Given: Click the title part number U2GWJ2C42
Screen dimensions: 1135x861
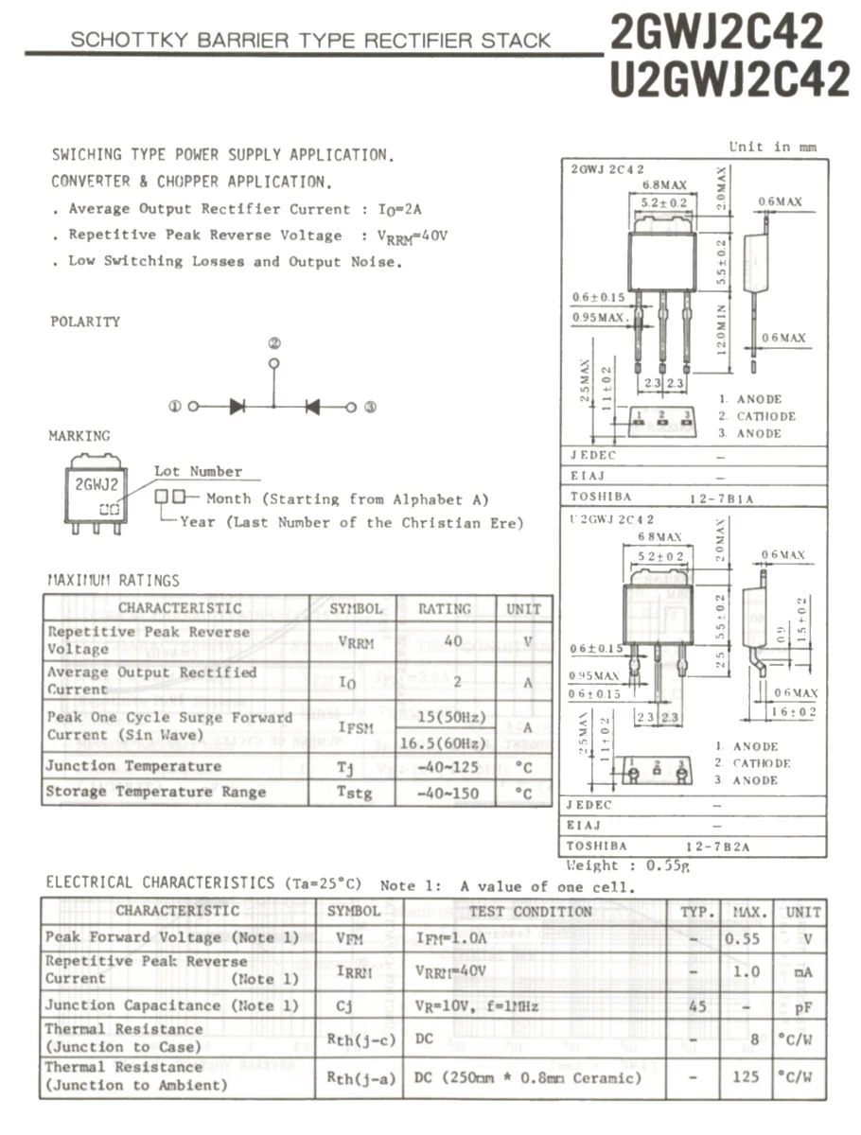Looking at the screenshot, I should tap(729, 79).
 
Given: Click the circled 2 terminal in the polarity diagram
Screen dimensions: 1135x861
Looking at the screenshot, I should tap(274, 343).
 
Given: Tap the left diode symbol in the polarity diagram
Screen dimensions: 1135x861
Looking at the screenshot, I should tap(237, 407).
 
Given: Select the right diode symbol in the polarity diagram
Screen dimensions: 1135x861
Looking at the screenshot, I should tap(312, 407).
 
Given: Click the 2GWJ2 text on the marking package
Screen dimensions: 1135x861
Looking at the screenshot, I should tap(97, 485).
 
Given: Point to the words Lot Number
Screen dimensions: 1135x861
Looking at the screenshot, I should tap(198, 471).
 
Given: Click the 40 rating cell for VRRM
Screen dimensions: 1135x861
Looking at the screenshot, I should tap(453, 640).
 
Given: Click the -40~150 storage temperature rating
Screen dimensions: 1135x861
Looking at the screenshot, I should tap(448, 793).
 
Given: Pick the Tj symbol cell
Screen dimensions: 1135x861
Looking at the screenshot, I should tap(345, 767).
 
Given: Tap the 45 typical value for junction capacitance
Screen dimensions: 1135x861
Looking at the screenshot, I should tap(698, 1006).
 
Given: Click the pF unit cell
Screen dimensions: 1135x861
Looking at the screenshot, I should tap(802, 1008).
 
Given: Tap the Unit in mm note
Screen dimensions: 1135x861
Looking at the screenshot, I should tap(772, 147).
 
